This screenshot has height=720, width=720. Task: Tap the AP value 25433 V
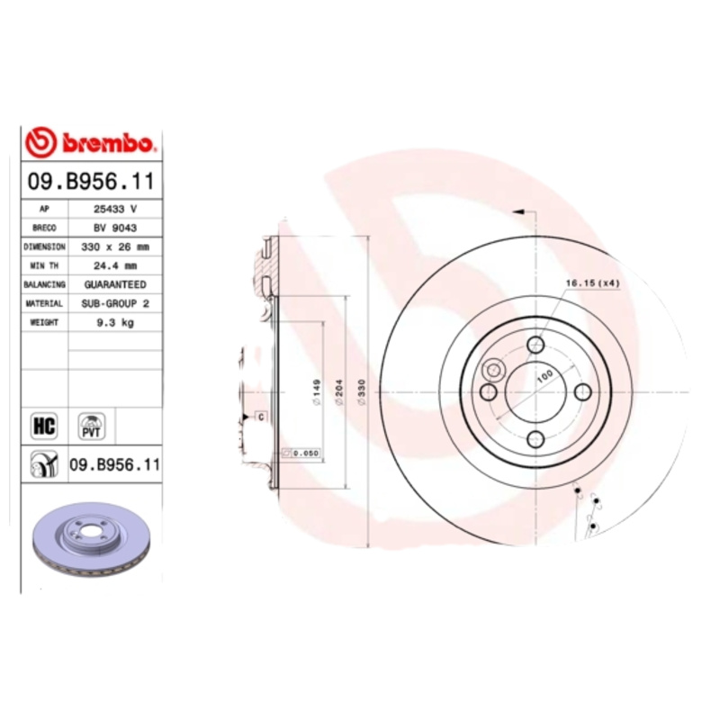pos(114,209)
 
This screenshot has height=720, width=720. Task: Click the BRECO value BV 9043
pos(114,228)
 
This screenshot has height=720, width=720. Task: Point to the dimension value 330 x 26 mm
pos(114,247)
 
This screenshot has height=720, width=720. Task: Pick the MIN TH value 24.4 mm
pos(114,265)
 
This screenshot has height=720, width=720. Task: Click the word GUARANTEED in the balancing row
pos(114,284)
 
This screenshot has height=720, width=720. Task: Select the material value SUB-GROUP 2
pos(114,304)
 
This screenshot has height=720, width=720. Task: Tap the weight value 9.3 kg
pos(114,323)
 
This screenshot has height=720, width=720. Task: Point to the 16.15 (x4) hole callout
pos(593,283)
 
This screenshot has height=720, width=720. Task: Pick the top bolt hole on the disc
pos(535,344)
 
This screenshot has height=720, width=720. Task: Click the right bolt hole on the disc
pos(582,391)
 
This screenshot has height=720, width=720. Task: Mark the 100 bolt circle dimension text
pos(543,379)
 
